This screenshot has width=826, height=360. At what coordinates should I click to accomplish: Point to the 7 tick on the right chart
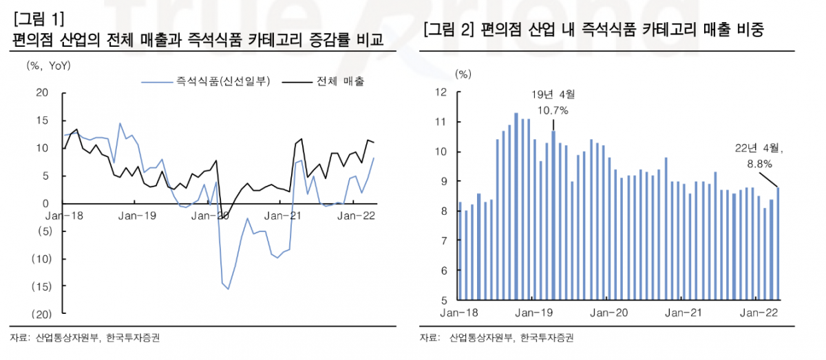(x=444, y=241)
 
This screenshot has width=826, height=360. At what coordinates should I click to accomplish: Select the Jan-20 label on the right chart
(x=608, y=313)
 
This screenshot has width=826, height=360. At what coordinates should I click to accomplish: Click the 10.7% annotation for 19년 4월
(x=553, y=109)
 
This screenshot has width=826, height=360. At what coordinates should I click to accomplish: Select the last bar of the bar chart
(x=779, y=244)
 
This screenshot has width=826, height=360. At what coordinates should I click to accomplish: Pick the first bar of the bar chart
(x=460, y=251)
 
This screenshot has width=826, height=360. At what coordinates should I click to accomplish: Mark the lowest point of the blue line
(x=229, y=288)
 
